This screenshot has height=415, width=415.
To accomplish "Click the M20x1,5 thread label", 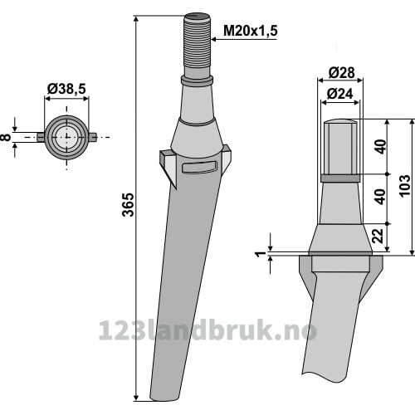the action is tap(250, 31).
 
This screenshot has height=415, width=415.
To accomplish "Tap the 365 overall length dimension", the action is tap(129, 205).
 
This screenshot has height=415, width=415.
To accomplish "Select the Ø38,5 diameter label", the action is tap(66, 89).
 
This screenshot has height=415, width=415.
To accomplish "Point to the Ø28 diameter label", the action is tap(341, 73).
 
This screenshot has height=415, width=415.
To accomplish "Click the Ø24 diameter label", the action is tap(339, 94).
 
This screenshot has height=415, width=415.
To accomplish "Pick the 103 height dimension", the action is tap(405, 185).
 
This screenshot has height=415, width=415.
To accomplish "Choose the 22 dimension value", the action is tap(378, 236).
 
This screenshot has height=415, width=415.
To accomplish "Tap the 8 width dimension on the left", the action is tap(6, 137).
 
